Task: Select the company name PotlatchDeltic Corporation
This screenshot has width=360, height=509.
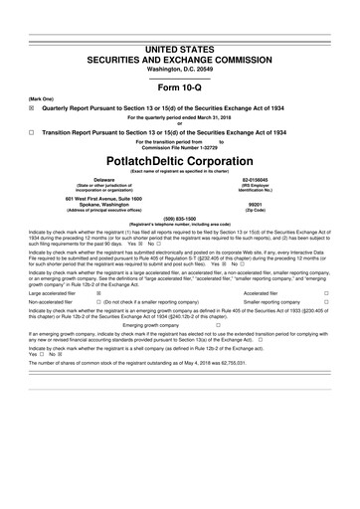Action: (179, 158)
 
